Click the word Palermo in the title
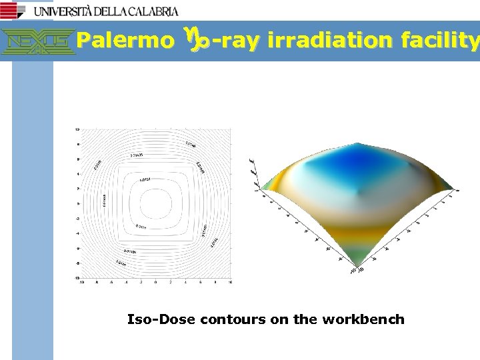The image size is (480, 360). [x=121, y=41]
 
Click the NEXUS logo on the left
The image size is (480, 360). [x=38, y=41]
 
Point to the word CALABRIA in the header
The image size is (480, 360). [x=151, y=11]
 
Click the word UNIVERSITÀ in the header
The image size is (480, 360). [x=64, y=11]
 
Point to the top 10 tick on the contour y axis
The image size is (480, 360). [x=77, y=129]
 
